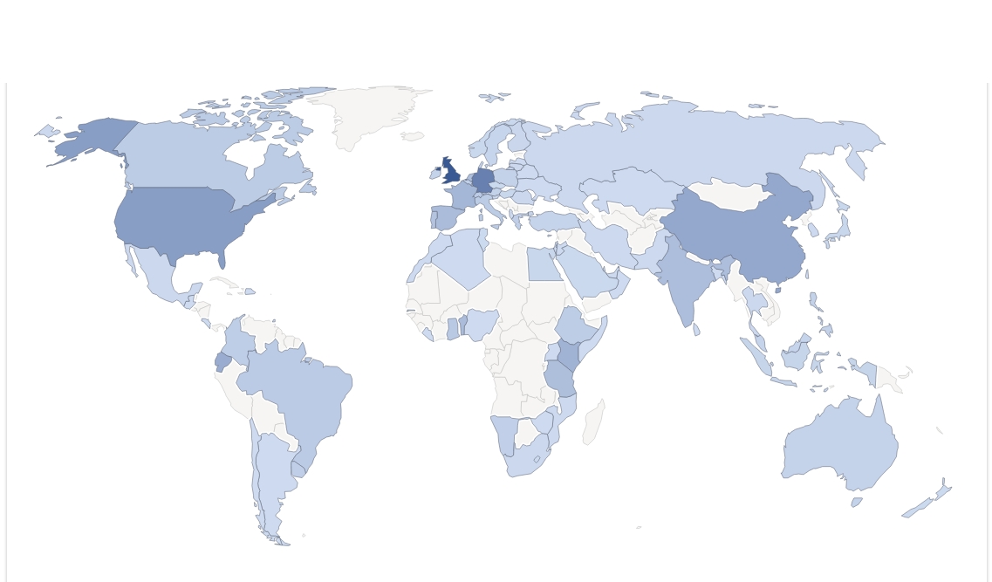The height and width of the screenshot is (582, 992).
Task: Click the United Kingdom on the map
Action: click(451, 171)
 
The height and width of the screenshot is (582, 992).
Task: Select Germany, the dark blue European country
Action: click(482, 181)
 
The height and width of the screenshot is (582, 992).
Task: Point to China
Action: click(742, 236)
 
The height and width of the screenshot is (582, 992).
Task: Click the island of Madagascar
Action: click(593, 423)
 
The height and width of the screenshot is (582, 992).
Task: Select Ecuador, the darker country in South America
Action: click(223, 360)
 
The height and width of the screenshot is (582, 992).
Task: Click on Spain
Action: click(446, 216)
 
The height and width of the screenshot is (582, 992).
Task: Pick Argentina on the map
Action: click(275, 476)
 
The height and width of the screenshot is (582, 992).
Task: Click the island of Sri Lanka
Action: click(696, 330)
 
